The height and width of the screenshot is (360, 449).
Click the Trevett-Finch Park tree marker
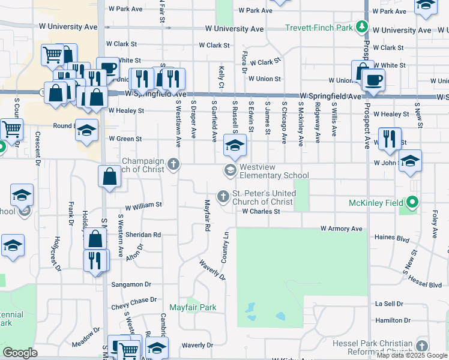tap(361, 27)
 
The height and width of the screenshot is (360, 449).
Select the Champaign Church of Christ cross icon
tap(173, 163)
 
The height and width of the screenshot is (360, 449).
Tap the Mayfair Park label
tap(191, 308)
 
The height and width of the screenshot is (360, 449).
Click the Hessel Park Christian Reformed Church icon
tap(422, 346)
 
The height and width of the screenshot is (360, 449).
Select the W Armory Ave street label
tap(341, 229)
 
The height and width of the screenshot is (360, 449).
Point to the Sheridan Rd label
tap(147, 235)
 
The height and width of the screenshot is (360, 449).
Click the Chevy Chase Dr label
tap(134, 299)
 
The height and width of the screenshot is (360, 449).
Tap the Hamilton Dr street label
tap(393, 320)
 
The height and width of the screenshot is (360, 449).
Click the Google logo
tap(20, 353)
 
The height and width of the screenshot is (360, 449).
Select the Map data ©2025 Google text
tap(412, 355)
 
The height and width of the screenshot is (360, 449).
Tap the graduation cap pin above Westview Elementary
tap(235, 145)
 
